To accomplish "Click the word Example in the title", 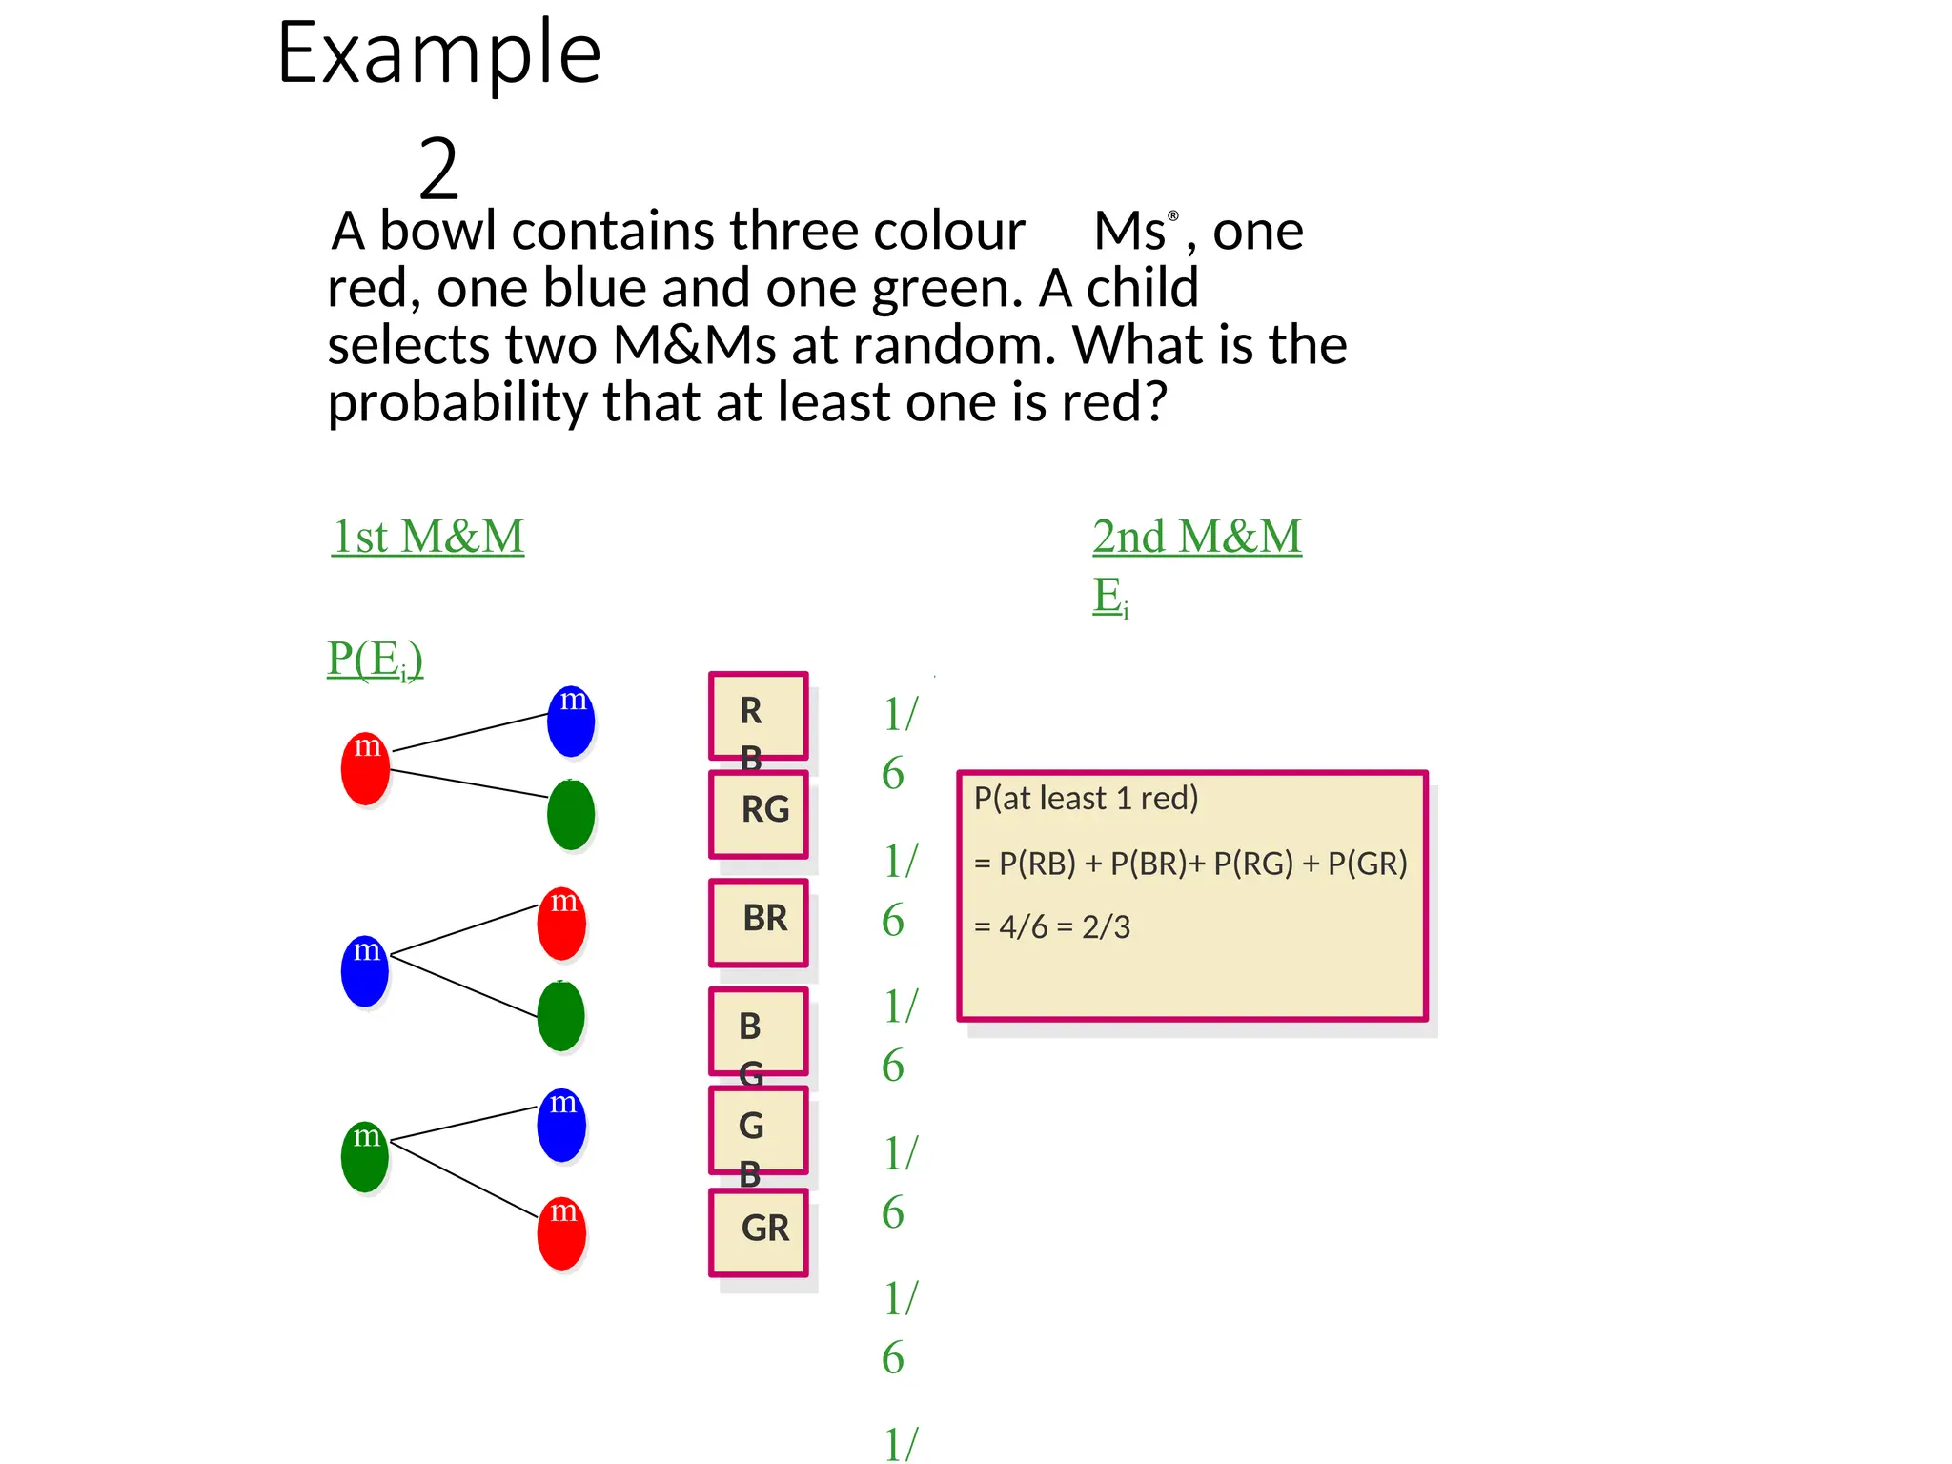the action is [x=438, y=54].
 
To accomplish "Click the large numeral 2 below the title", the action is [x=438, y=169].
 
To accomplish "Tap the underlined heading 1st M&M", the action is [x=427, y=537].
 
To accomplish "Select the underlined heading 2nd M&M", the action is [x=1197, y=537].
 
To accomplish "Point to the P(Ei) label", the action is [x=375, y=659].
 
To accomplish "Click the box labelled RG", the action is [x=759, y=813].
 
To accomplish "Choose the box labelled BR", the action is [x=759, y=922].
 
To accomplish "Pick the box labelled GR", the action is [x=759, y=1231].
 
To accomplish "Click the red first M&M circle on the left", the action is [x=365, y=768].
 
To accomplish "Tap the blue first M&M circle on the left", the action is [x=365, y=970].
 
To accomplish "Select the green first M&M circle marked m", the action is [x=365, y=1156].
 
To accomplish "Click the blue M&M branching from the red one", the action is [x=571, y=722].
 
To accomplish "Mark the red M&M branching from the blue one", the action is [x=561, y=924].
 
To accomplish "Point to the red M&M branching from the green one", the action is [x=561, y=1233].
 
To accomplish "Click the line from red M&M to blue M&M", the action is [x=469, y=732].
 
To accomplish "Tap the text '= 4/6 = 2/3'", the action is [x=1052, y=926].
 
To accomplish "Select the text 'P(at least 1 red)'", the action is [x=1086, y=799].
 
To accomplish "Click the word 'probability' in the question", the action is [x=457, y=402].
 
